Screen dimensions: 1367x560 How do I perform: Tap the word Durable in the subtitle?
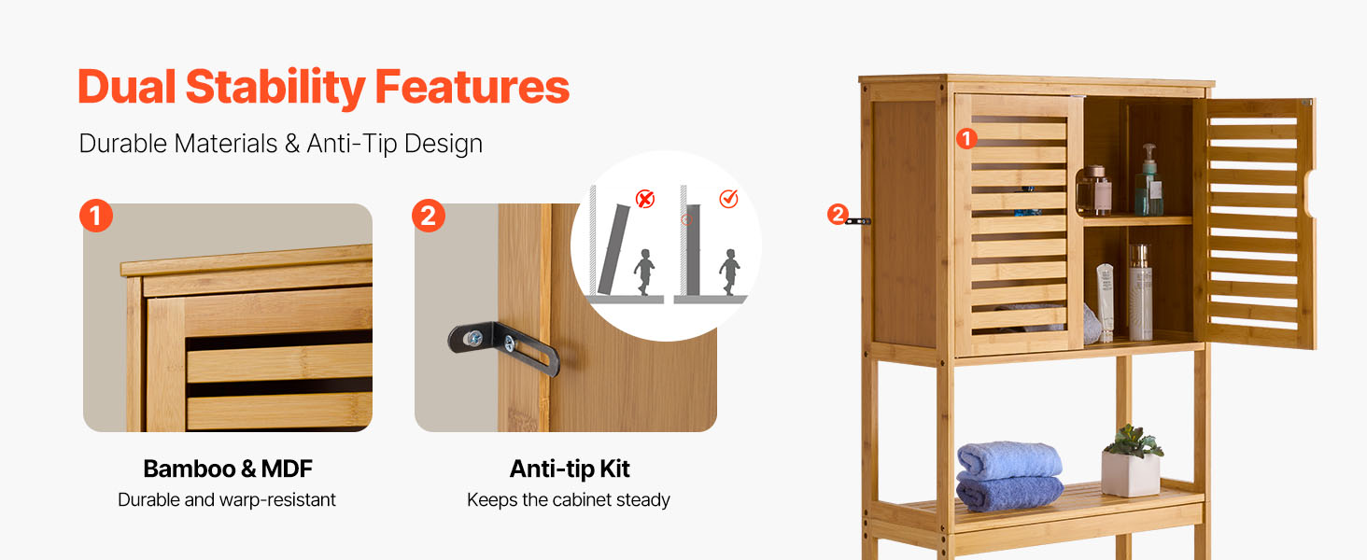(x=122, y=144)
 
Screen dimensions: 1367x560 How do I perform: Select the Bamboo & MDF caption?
(x=228, y=469)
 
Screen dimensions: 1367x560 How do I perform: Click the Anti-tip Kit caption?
(x=570, y=469)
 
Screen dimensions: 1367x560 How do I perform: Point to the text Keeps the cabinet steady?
(x=568, y=499)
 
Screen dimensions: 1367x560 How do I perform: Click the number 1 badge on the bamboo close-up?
(x=96, y=216)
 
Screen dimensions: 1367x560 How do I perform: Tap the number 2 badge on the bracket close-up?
(x=429, y=216)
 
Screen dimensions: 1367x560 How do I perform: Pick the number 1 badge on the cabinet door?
(x=966, y=138)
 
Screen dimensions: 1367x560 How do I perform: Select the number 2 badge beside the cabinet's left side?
(x=838, y=214)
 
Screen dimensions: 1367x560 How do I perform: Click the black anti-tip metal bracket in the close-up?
(x=503, y=346)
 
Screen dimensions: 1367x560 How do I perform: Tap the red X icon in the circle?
(x=645, y=199)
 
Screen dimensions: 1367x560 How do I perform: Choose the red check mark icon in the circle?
(x=728, y=198)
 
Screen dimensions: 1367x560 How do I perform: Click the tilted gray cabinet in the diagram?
(x=613, y=249)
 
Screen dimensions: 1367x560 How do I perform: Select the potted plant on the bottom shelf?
(x=1132, y=461)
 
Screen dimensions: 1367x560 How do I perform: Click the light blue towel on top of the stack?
(x=1009, y=461)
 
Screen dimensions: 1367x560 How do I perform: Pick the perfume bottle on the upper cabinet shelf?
(x=1095, y=190)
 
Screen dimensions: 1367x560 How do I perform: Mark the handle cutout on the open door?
(x=1310, y=193)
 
